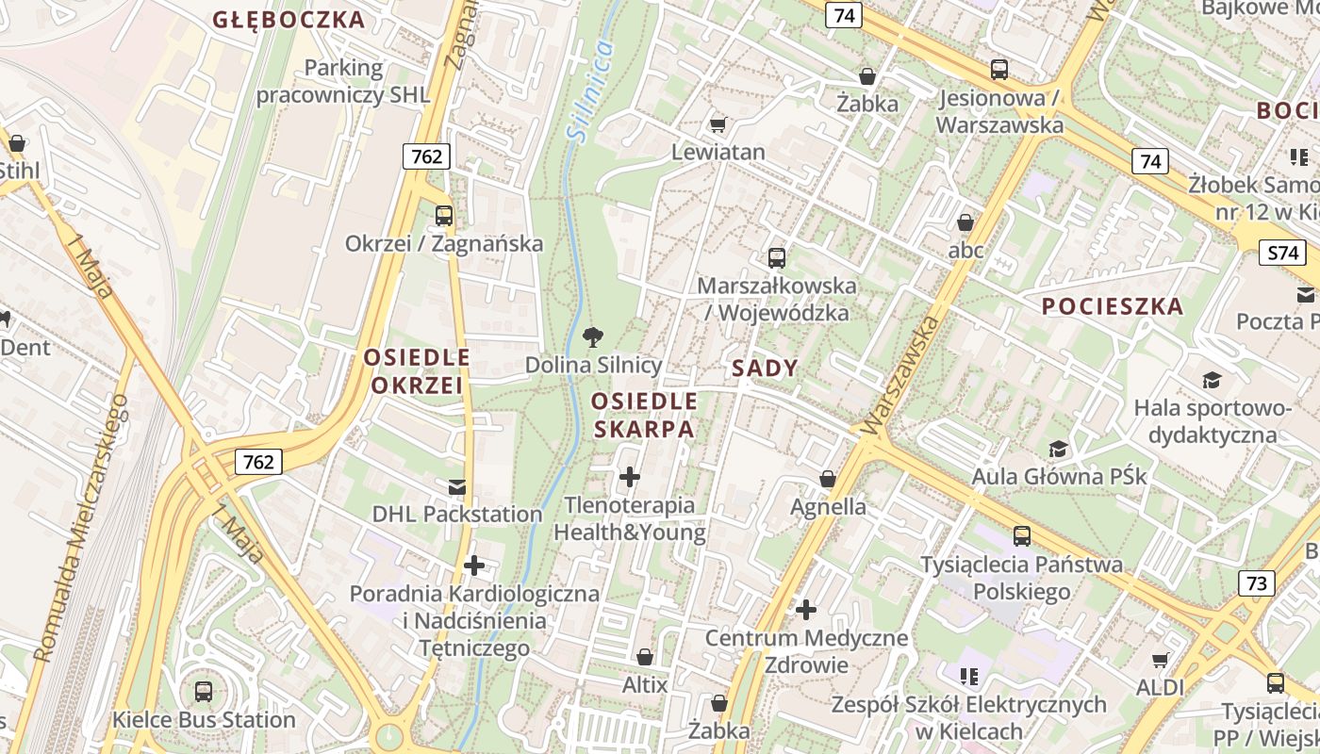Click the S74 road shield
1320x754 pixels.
1282,253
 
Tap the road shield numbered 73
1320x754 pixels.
1257,583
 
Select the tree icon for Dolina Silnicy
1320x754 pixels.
593,336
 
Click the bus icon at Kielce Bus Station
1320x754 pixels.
204,691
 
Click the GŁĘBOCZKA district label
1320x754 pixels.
289,20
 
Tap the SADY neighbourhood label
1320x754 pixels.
764,369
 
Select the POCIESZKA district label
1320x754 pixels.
1113,306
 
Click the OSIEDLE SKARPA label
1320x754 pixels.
644,416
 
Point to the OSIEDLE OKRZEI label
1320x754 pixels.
417,371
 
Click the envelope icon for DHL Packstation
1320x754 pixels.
457,486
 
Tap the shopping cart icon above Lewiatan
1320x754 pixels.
718,124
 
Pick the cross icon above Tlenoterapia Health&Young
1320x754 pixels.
630,477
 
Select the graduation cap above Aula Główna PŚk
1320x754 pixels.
1059,449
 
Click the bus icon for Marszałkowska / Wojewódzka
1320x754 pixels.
777,257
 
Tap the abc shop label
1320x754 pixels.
965,251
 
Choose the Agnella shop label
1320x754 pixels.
828,506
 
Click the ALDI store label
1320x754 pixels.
1160,688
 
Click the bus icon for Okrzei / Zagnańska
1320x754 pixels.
444,215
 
